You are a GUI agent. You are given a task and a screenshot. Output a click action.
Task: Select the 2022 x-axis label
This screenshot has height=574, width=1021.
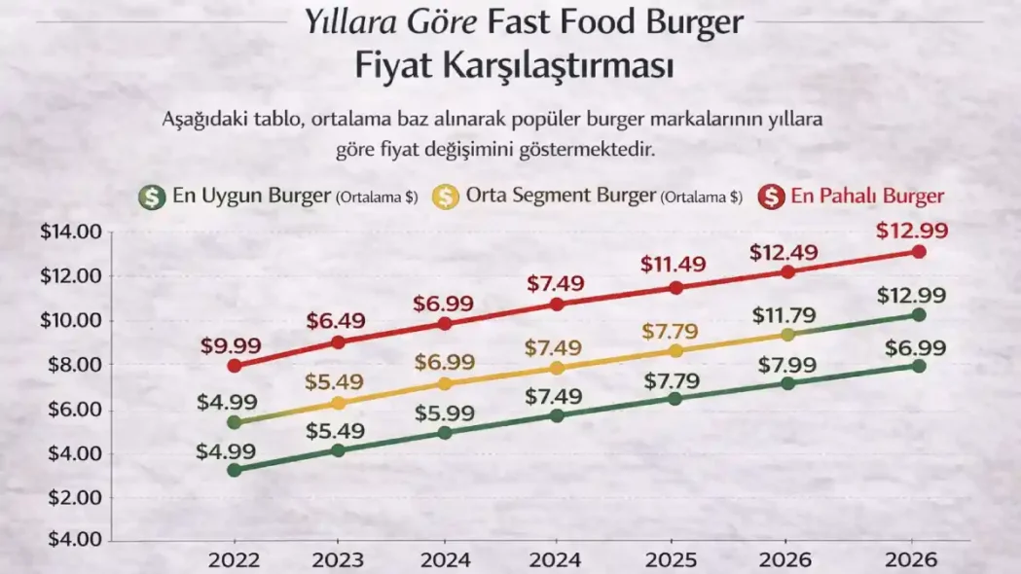[234, 560]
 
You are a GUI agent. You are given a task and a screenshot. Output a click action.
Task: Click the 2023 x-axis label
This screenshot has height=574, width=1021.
[338, 560]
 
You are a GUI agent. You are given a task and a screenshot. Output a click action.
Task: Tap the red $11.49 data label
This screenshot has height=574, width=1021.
[675, 264]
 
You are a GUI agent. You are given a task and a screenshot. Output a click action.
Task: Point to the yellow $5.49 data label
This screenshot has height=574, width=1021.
[338, 381]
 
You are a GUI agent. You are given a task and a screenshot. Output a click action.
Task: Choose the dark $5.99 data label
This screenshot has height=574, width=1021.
[444, 413]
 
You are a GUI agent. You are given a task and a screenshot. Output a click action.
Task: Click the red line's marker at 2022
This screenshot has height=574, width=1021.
[233, 366]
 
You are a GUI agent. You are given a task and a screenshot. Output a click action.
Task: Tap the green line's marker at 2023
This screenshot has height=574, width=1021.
[338, 450]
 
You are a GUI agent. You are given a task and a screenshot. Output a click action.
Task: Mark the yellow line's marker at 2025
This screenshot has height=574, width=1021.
[675, 350]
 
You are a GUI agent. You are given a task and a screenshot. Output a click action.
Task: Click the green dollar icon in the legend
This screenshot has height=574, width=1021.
[150, 196]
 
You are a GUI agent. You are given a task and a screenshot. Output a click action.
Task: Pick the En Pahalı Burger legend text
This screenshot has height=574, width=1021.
[867, 196]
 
